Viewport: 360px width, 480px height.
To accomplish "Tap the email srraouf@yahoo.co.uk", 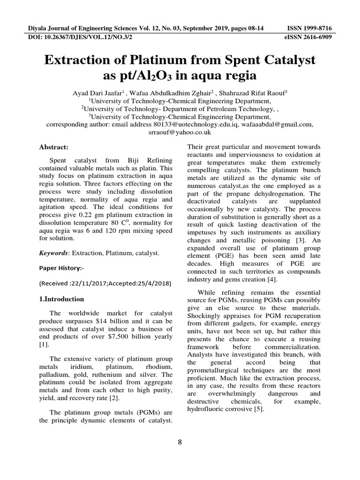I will pos(180,133).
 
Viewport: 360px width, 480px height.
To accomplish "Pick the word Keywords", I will pos(53,253).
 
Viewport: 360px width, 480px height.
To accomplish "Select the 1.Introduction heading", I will pos(61,299).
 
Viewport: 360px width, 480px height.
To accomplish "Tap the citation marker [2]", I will pos(115,398).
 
